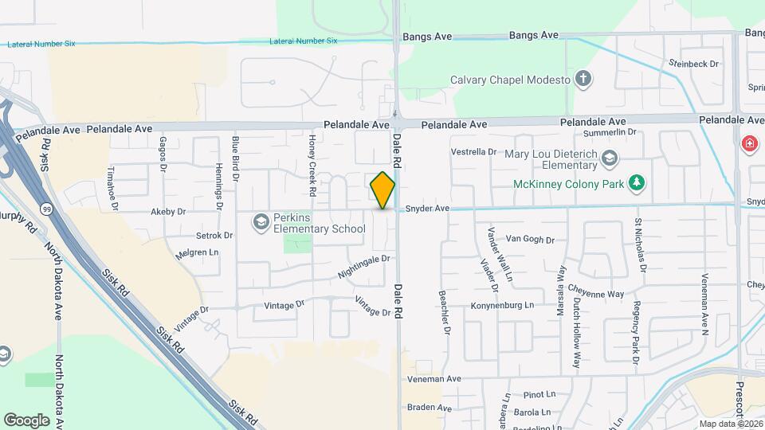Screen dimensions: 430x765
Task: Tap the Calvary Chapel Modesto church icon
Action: tap(584, 80)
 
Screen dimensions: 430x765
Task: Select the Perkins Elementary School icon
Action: tap(261, 222)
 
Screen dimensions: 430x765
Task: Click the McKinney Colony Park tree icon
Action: tap(636, 182)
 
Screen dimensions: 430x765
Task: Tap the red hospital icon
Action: tap(750, 144)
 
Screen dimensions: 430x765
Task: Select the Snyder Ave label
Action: tap(428, 209)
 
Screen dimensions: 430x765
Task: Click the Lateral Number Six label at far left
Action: tap(41, 44)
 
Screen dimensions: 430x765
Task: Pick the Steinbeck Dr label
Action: tap(694, 63)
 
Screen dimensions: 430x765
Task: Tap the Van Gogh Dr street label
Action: tap(529, 238)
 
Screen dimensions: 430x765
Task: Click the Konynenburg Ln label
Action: tap(502, 305)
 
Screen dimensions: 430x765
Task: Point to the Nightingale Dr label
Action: tap(363, 265)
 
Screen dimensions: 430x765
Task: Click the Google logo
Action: tap(26, 420)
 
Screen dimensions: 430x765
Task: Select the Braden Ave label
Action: tap(430, 408)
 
